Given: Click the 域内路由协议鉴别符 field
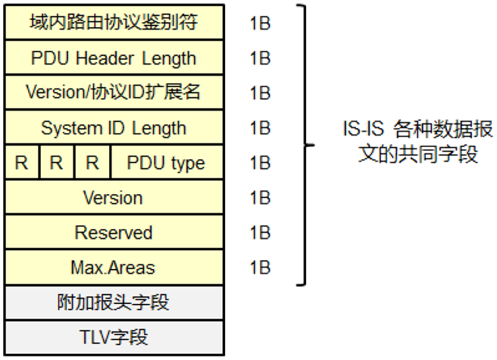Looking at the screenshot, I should pyautogui.click(x=114, y=23).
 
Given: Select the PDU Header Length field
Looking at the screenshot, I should pyautogui.click(x=114, y=58).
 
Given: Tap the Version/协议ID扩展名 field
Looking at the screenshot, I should pyautogui.click(x=114, y=92).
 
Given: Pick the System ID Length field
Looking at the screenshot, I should pyautogui.click(x=114, y=127).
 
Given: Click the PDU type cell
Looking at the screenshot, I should pyautogui.click(x=166, y=162).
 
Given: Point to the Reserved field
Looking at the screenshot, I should pyautogui.click(x=114, y=232).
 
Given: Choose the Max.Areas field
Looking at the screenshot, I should pyautogui.click(x=114, y=267).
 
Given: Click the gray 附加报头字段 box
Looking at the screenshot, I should pyautogui.click(x=114, y=302).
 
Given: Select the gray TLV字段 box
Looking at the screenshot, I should pyautogui.click(x=114, y=336).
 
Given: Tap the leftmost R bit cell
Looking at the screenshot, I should pyautogui.click(x=22, y=162).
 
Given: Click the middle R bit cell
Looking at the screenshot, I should pyautogui.click(x=57, y=162).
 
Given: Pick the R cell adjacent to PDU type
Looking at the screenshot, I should pyautogui.click(x=92, y=162).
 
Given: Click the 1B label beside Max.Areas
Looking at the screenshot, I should pyautogui.click(x=260, y=267).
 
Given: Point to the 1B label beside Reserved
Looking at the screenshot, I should pyautogui.click(x=260, y=232).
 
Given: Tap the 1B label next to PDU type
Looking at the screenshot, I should pyautogui.click(x=260, y=162).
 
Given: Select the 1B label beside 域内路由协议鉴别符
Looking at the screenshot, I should pyautogui.click(x=260, y=23).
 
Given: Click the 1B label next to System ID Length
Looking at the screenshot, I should pyautogui.click(x=260, y=127).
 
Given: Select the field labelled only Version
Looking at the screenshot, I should pyautogui.click(x=114, y=197).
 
